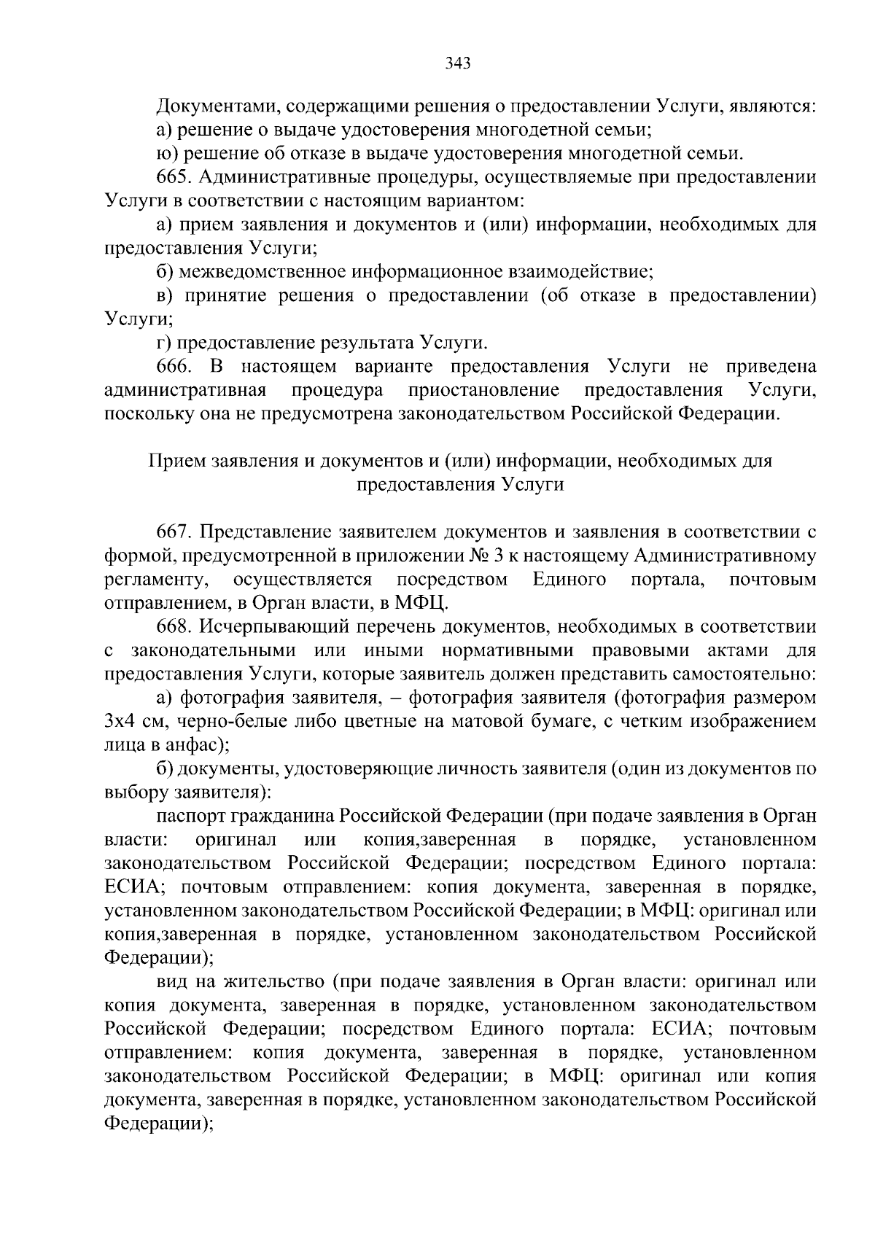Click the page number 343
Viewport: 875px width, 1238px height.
tap(459, 63)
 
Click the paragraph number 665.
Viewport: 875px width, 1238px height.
tap(174, 177)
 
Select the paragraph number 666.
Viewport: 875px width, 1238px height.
tap(174, 366)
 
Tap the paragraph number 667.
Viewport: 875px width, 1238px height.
tap(174, 532)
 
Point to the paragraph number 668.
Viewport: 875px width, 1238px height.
tap(174, 626)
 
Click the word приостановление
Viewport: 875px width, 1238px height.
tap(483, 390)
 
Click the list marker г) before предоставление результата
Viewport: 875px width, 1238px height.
tap(163, 343)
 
